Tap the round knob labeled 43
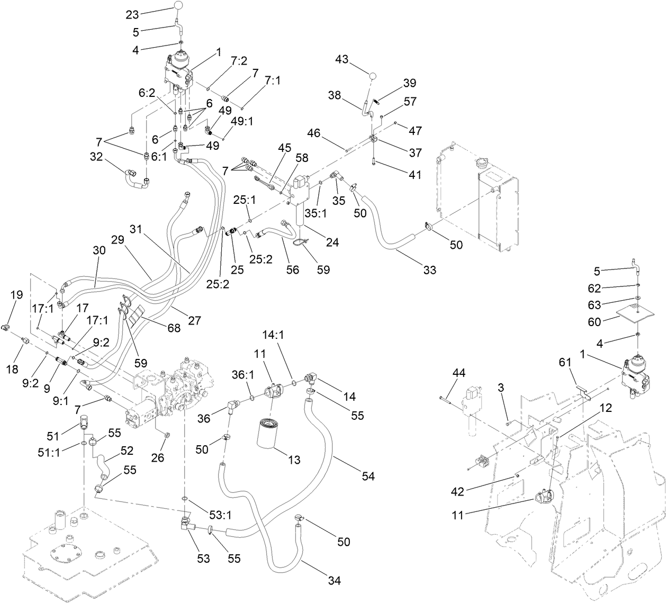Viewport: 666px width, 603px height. [374, 76]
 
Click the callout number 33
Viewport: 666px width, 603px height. [430, 270]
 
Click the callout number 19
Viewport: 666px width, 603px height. [16, 294]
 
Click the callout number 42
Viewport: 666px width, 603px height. [457, 491]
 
